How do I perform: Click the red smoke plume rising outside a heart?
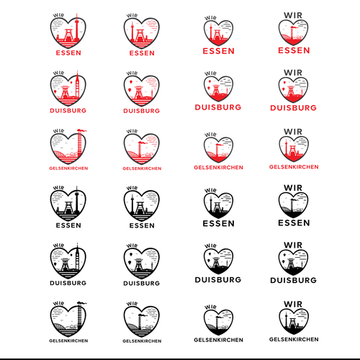click(x=82, y=130)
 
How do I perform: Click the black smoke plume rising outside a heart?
click(x=82, y=303)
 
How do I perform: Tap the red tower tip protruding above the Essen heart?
click(x=77, y=16)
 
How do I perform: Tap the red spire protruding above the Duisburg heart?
click(x=77, y=73)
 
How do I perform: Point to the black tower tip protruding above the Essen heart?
click(x=77, y=189)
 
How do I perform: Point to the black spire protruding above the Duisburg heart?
click(x=77, y=246)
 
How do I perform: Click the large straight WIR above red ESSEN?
click(x=293, y=15)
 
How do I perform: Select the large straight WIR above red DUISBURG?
click(x=293, y=73)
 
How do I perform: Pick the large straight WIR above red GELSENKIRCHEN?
click(x=293, y=132)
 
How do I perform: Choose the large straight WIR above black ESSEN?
click(x=293, y=188)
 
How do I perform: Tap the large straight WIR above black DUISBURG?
click(x=293, y=246)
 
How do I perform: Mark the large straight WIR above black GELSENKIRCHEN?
click(x=293, y=305)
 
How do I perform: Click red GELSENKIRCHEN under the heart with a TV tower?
click(x=294, y=167)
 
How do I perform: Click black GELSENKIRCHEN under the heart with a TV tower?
click(x=294, y=339)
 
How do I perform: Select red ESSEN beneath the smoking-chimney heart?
click(x=294, y=50)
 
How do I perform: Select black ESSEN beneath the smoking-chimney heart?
click(x=294, y=223)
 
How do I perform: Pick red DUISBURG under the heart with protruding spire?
click(x=68, y=111)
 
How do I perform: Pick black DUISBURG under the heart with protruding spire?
click(x=68, y=283)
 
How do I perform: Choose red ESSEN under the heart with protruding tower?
click(x=68, y=53)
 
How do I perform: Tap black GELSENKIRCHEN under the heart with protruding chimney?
click(x=68, y=341)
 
